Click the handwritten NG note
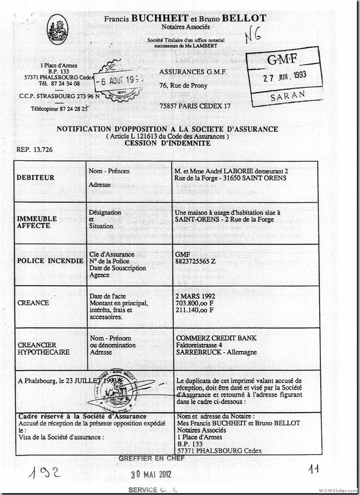click(253, 37)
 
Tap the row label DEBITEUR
click(36, 178)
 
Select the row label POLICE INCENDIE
click(50, 261)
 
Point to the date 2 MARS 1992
click(196, 296)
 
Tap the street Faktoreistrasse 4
click(200, 345)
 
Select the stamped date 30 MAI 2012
click(151, 474)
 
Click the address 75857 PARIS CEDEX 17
click(195, 106)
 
